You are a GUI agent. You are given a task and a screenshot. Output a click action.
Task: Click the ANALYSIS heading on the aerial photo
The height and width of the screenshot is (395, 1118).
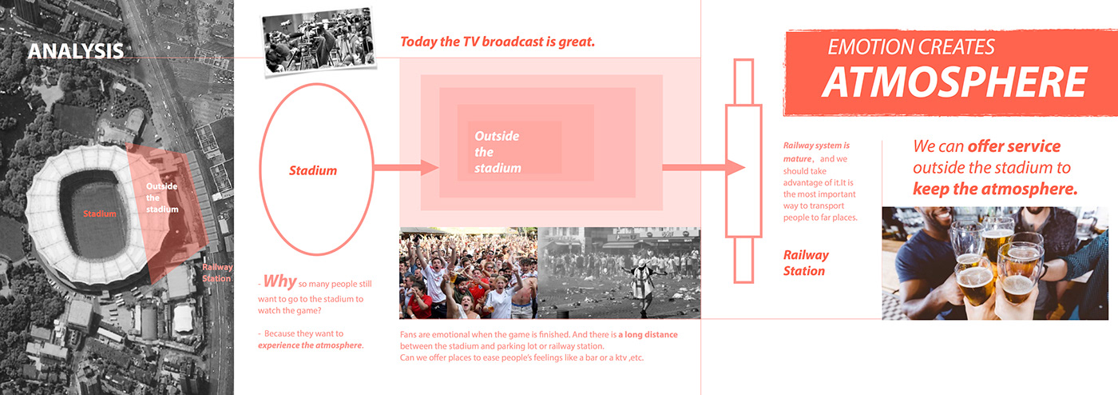(x=76, y=51)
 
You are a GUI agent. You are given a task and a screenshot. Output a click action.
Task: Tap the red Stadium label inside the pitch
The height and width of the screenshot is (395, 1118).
(x=99, y=213)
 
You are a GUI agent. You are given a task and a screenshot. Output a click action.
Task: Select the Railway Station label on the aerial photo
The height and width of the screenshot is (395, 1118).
(x=217, y=273)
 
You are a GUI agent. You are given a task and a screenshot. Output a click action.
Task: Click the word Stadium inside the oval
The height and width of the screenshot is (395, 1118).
(x=313, y=170)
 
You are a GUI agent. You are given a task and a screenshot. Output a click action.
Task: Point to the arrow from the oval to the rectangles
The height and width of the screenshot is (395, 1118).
(x=406, y=167)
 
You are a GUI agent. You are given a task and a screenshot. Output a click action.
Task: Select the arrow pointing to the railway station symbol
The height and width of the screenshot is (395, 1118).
(x=704, y=167)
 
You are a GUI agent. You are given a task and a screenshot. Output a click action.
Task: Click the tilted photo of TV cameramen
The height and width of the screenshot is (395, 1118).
(x=319, y=42)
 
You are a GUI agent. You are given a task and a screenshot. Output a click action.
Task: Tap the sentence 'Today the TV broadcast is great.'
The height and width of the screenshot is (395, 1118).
(x=498, y=42)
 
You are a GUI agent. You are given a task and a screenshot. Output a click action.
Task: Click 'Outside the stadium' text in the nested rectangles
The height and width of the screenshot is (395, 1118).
(x=498, y=152)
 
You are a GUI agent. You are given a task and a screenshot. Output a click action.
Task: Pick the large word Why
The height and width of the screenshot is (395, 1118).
(x=280, y=281)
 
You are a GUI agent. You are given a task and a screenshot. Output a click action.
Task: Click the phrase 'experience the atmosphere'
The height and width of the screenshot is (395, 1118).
(x=310, y=345)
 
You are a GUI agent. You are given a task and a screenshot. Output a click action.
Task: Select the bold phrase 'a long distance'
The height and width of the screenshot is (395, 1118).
(x=648, y=334)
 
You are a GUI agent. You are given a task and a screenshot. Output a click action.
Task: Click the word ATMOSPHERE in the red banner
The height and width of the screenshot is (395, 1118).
(x=954, y=82)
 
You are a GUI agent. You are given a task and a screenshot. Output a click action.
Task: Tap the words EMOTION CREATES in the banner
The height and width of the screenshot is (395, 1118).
(x=911, y=47)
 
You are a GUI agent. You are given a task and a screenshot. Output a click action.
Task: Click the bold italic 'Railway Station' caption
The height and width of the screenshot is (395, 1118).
(x=806, y=263)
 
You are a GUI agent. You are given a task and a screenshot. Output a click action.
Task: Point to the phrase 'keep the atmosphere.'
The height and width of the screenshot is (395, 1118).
(x=995, y=189)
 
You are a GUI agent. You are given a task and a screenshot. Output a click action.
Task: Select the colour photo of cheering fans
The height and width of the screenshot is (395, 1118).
(x=468, y=273)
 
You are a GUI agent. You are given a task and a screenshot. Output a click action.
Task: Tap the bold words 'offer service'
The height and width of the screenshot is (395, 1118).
(x=1013, y=146)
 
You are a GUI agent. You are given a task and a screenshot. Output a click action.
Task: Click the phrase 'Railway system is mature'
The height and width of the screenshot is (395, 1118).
(x=816, y=152)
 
